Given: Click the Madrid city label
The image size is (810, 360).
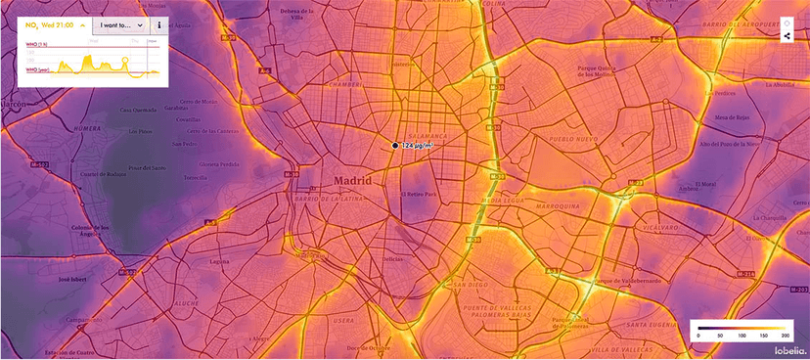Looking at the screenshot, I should [352, 181].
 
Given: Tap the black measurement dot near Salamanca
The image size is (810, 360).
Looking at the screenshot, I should [395, 146].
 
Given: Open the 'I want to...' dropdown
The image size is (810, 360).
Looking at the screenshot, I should [121, 23].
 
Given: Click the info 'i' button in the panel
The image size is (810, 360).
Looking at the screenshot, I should [159, 23].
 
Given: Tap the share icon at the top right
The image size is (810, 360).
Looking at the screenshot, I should [787, 35].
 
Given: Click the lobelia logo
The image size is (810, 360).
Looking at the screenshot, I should [788, 350].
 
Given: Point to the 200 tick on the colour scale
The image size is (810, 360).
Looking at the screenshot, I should [783, 336].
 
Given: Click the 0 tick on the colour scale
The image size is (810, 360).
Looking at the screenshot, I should [698, 336].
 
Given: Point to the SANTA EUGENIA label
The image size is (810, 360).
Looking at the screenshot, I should [648, 325].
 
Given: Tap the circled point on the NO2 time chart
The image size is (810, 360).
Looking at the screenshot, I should [123, 63].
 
